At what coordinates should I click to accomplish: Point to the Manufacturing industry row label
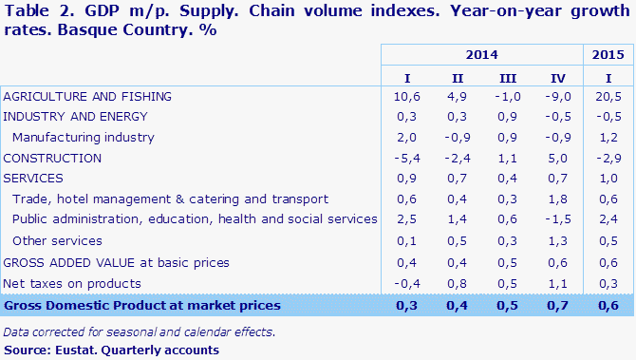pos(84,137)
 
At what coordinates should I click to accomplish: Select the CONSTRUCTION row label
pos(52,158)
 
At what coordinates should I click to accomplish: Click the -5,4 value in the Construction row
pos(406,158)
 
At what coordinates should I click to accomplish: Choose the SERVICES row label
pos(33,179)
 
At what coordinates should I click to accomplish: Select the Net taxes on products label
pos(72,283)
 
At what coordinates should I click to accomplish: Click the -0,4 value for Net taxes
pos(406,283)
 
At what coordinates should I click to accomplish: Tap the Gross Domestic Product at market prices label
pos(142,305)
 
